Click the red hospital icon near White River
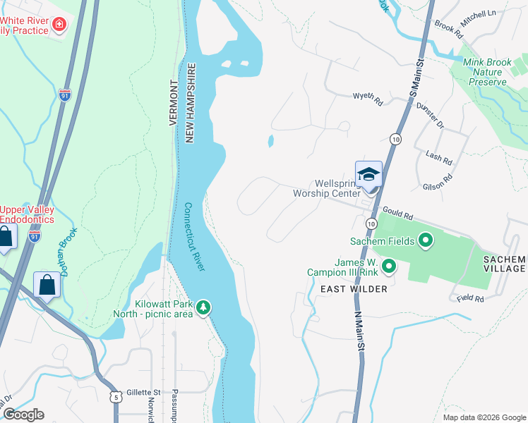point(59,25)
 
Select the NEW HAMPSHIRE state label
point(190,103)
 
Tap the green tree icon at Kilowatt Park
point(203,307)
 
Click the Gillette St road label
point(144,393)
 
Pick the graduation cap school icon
point(368,173)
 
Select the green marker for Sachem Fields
point(425,241)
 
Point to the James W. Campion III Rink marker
point(388,266)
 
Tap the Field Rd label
point(469,299)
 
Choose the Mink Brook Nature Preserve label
point(487,72)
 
